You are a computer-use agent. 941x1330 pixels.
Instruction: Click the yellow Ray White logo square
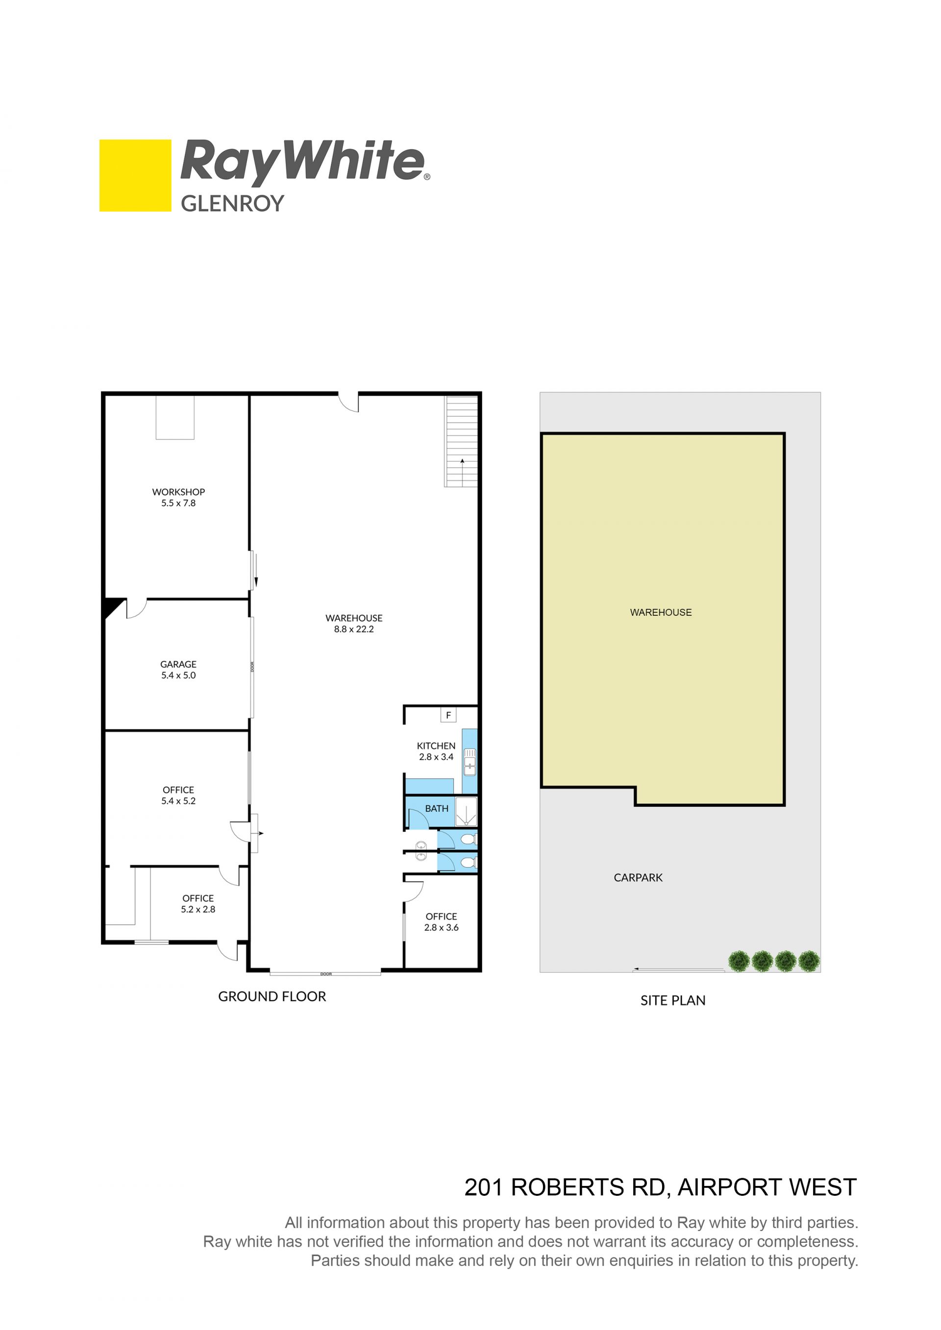pos(135,175)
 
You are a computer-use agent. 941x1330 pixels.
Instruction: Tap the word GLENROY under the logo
pos(232,203)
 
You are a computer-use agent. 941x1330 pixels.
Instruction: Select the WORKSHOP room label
pos(178,492)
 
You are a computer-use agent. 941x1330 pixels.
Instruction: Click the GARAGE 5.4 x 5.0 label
pos(178,670)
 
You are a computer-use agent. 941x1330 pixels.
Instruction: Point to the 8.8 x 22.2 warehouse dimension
pos(354,629)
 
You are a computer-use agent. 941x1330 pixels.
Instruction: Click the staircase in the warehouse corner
pos(461,441)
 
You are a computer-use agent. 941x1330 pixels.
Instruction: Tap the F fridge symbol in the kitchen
pos(448,715)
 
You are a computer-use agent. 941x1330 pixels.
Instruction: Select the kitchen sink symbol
pos(470,762)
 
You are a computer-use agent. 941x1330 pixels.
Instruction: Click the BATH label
pos(437,808)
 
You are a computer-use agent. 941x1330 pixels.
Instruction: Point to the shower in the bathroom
pos(466,812)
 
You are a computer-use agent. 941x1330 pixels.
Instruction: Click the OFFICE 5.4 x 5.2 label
pos(178,796)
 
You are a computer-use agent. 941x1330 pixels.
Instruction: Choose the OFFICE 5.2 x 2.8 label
pos(198,904)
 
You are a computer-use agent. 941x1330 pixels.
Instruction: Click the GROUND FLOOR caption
pos(272,996)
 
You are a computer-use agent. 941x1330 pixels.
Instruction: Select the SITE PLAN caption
pos(673,1000)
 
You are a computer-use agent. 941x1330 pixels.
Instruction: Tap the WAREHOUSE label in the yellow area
pos(661,612)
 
